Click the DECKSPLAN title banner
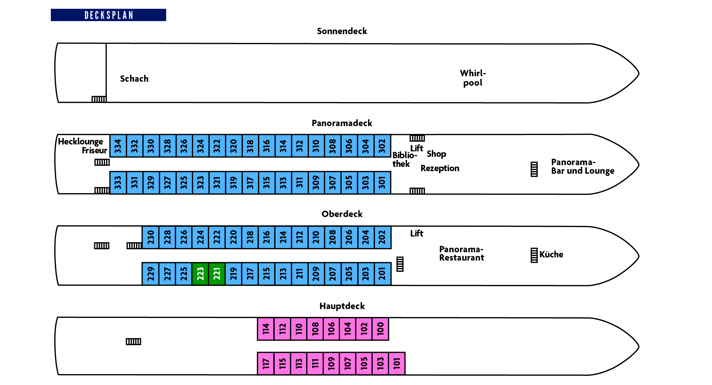pos(109,15)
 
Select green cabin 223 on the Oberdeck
pos(200,273)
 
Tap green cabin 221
pos(217,273)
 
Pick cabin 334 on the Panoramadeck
pos(118,146)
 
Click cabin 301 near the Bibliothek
pos(382,183)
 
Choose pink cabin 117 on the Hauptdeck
pos(266,363)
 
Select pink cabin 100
pos(380,329)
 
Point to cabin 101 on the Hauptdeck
pos(397,363)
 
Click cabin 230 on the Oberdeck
pos(151,237)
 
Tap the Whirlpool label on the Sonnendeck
pos(473,78)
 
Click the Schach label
pos(134,79)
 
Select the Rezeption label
pos(440,168)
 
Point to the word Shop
pos(436,154)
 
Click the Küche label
pos(551,254)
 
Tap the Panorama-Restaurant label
pos(462,253)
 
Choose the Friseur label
pos(94,150)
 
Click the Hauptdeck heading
pos(342,306)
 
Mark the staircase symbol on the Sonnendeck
pos(99,99)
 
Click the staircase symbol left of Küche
pos(534,255)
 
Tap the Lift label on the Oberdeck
pos(417,233)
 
